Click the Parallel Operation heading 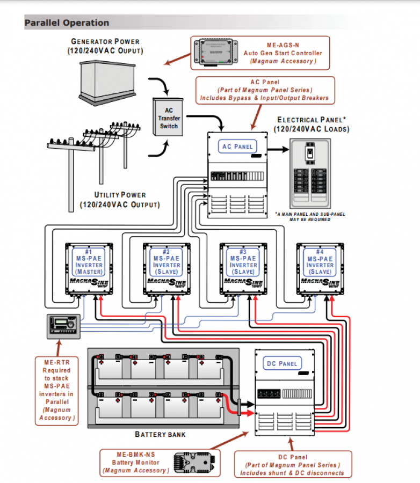coord(67,23)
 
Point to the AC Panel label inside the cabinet coord(237,147)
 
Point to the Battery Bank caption coord(161,434)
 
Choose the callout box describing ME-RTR coord(57,390)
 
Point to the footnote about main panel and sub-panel coord(310,217)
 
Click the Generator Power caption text coord(105,46)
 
